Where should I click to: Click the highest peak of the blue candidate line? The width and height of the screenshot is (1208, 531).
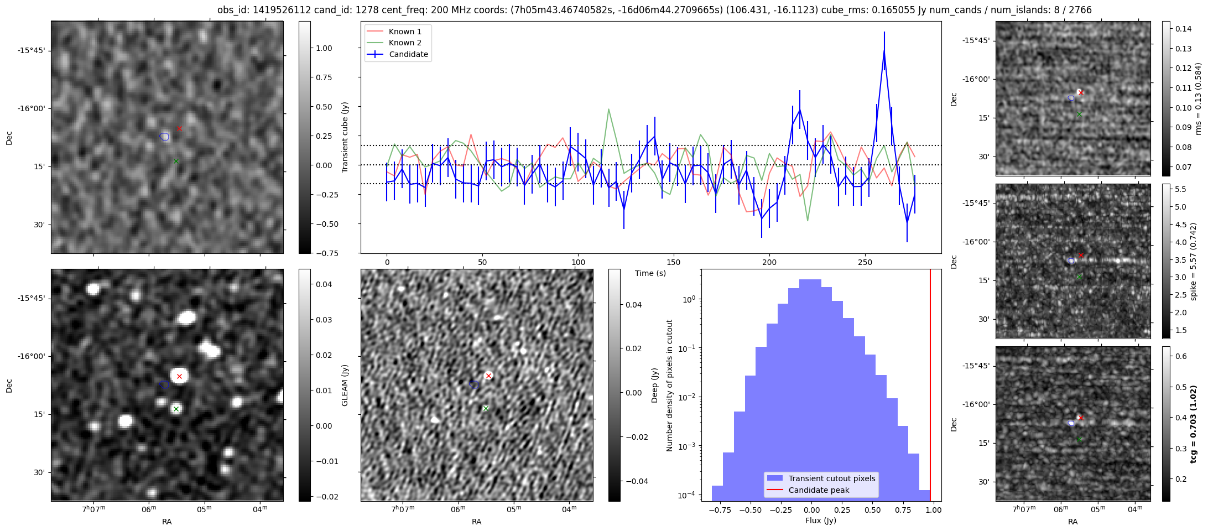tap(884, 51)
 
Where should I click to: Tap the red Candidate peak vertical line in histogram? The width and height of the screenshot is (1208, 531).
tap(930, 387)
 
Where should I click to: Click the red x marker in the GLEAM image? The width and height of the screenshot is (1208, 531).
tap(179, 376)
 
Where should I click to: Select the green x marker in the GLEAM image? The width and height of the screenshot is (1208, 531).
tap(176, 409)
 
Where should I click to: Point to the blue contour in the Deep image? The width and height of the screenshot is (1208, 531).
tap(474, 384)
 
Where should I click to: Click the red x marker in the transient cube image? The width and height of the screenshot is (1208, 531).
tap(179, 128)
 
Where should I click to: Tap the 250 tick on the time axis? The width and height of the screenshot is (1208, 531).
tap(865, 262)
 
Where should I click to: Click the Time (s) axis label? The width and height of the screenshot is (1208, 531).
tap(650, 273)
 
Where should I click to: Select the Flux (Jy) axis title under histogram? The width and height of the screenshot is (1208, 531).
tap(821, 520)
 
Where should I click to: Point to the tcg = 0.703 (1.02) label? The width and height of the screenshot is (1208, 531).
tap(1193, 424)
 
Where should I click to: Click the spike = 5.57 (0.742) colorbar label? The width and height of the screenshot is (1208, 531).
tap(1193, 261)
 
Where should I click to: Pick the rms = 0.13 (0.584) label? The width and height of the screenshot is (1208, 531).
tap(1198, 98)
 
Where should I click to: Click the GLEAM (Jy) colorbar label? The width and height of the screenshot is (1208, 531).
tap(345, 385)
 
